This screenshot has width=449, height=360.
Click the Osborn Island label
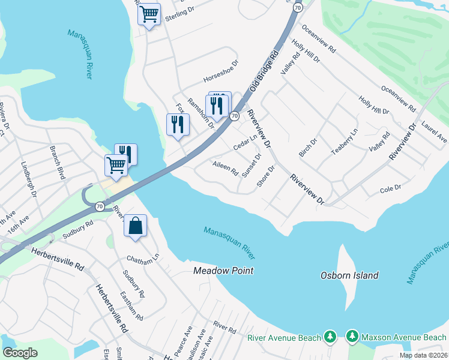pyautogui.click(x=348, y=275)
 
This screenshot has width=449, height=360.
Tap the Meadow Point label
pyautogui.click(x=223, y=271)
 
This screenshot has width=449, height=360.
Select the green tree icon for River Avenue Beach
pyautogui.click(x=330, y=338)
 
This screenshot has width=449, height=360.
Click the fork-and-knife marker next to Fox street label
pyautogui.click(x=178, y=124)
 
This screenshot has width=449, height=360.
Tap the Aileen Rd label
pyautogui.click(x=225, y=167)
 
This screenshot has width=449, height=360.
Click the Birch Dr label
pyautogui.click(x=307, y=146)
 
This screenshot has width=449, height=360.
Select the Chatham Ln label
pyautogui.click(x=142, y=258)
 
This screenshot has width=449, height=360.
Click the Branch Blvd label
pyautogui.click(x=57, y=162)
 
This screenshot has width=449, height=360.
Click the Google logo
pyautogui.click(x=20, y=353)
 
